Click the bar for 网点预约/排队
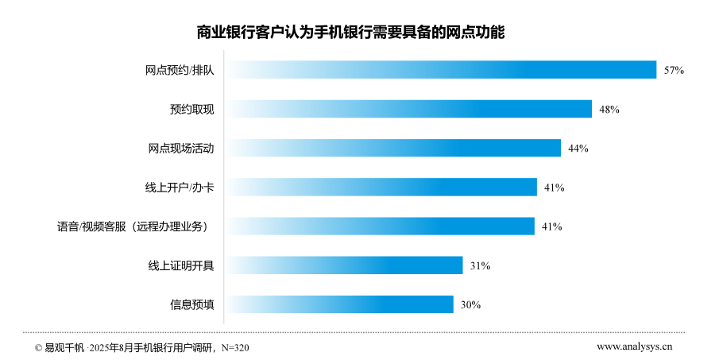point(440,70)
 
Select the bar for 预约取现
point(408,109)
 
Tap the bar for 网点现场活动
point(392,148)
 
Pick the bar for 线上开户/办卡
point(381,187)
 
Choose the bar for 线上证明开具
point(343,265)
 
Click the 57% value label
point(675,71)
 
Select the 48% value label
point(609,110)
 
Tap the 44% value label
point(578,149)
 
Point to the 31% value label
point(480,266)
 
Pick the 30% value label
point(470,305)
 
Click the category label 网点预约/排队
point(180,70)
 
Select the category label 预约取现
point(191,109)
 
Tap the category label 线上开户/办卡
point(174,188)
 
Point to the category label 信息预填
point(191,304)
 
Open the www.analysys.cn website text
point(634,346)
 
